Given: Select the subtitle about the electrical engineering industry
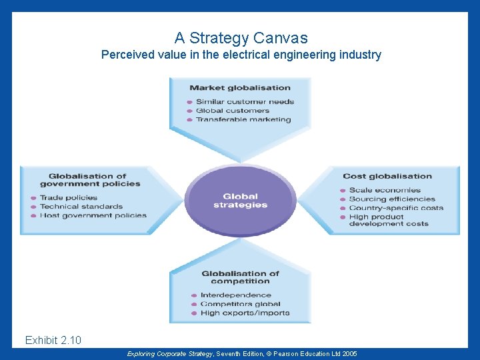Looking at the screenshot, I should pyautogui.click(x=241, y=55).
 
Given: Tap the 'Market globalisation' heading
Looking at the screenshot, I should pyautogui.click(x=240, y=87).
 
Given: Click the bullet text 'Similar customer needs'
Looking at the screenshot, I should pyautogui.click(x=245, y=102).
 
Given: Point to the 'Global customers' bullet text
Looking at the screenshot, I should pyautogui.click(x=233, y=111).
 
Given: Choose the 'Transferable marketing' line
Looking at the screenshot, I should pyautogui.click(x=243, y=120).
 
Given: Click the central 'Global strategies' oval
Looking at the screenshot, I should pyautogui.click(x=241, y=201).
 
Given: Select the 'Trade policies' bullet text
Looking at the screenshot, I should pyautogui.click(x=69, y=197).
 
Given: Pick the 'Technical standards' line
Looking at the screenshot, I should pyautogui.click(x=81, y=207).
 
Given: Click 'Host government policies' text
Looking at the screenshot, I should pyautogui.click(x=93, y=215).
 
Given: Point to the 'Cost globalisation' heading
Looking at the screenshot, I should pyautogui.click(x=387, y=176).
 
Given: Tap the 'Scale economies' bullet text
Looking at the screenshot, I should pyautogui.click(x=385, y=190).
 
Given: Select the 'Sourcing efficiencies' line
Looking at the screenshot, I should pyautogui.click(x=392, y=199).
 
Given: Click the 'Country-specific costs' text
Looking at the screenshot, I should pyautogui.click(x=396, y=208).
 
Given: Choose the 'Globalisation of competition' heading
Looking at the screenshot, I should pyautogui.click(x=240, y=277).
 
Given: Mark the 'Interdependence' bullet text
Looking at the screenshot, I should pyautogui.click(x=236, y=295).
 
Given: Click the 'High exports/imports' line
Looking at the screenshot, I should pyautogui.click(x=245, y=313).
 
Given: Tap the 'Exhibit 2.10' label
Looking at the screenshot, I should pyautogui.click(x=53, y=341).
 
